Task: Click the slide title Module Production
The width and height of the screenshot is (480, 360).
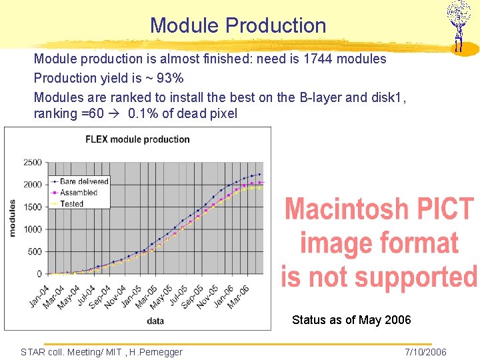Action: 238,25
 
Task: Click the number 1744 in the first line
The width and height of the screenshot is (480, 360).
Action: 318,59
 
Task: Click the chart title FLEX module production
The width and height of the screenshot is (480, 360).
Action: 137,139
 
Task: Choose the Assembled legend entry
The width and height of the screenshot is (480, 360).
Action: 78,192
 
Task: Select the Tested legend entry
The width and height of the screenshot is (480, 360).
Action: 71,203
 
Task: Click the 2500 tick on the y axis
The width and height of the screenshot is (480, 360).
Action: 32,162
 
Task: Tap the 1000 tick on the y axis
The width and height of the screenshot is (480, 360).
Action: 32,229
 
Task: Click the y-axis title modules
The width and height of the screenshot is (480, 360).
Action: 12,218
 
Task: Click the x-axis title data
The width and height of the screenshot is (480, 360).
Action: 155,321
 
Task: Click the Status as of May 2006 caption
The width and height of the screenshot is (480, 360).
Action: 351,321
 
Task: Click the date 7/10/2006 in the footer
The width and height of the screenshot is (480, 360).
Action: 425,352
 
